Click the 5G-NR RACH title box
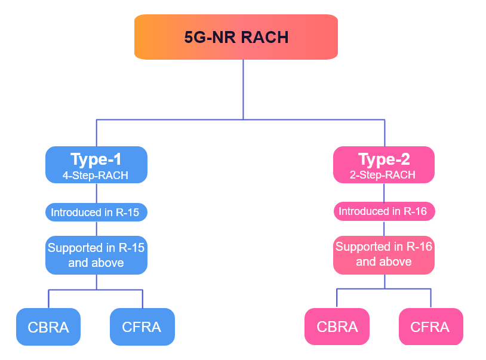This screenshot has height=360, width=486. (x=236, y=37)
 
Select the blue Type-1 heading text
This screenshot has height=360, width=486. (x=96, y=159)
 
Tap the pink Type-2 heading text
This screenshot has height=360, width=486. (x=383, y=159)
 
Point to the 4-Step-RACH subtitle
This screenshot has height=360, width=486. (x=96, y=176)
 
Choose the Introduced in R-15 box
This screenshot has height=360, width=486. (x=96, y=212)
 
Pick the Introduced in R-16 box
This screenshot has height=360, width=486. (x=384, y=211)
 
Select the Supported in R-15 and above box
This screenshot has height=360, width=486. (x=96, y=255)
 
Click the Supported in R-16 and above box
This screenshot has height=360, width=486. (x=384, y=254)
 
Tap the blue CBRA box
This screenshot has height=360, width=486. (x=48, y=327)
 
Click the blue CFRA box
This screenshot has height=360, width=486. (x=142, y=327)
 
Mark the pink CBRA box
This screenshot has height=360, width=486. (x=337, y=327)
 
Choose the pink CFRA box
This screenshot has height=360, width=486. (x=430, y=327)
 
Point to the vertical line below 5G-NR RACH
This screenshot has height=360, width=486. (x=243, y=90)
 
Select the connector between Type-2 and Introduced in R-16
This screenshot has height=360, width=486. (x=384, y=193)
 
